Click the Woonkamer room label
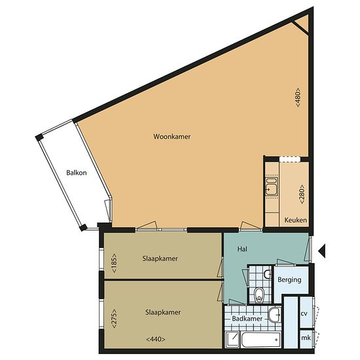coord(172,137)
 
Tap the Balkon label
coord(77,173)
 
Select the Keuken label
coord(295,220)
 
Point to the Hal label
coord(242,249)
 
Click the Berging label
coord(289,279)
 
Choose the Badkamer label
coord(247,319)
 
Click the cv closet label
coord(304,314)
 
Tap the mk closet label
coord(306,338)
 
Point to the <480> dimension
coord(298,98)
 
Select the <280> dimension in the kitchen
coord(302,194)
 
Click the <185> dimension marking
coord(114,263)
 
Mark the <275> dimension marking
coord(114,319)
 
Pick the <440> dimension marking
coord(156,339)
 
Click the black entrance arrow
coord(322,251)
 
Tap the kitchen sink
coord(271,187)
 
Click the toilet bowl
coord(259,295)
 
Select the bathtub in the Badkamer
coord(261,340)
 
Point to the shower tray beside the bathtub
coord(232,340)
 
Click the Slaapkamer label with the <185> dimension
coord(160,259)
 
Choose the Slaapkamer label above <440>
coord(163,312)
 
